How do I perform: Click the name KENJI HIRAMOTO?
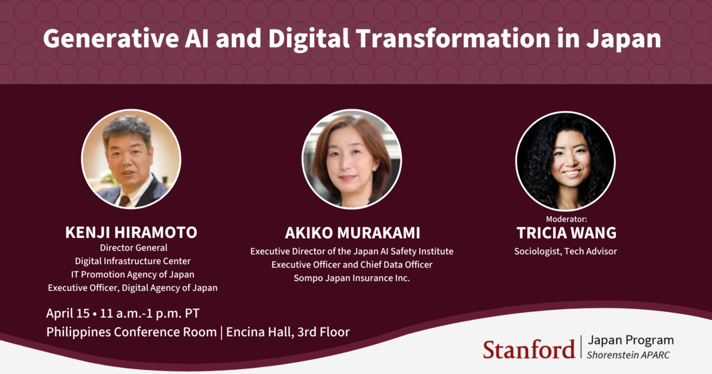[x=131, y=232]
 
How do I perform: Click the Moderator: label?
[x=566, y=219]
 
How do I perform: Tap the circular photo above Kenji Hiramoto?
[x=131, y=157]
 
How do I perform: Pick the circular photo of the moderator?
[x=565, y=160]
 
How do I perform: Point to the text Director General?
[x=133, y=248]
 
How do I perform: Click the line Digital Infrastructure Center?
[x=132, y=261]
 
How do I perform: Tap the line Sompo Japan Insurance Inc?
[x=352, y=278]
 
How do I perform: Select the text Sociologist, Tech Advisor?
[x=565, y=251]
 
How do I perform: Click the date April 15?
[x=68, y=313]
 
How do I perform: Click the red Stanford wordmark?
[x=529, y=348]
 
